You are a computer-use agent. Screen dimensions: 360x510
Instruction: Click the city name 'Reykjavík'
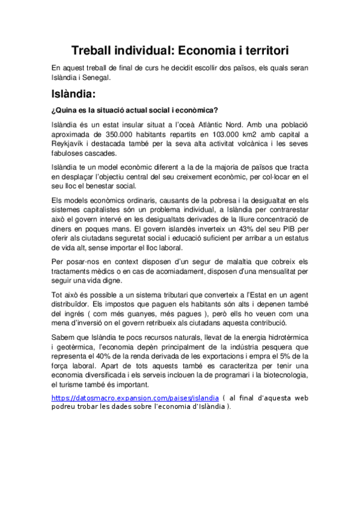coord(68,144)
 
